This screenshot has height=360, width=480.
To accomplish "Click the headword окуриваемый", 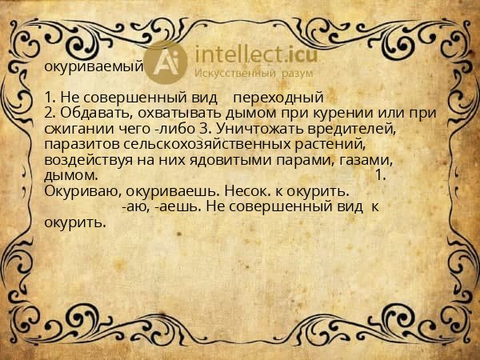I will coord(94,66).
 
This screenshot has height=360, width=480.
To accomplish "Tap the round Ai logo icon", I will coord(167,62).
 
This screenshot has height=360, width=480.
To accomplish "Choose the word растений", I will coord(330,144).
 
